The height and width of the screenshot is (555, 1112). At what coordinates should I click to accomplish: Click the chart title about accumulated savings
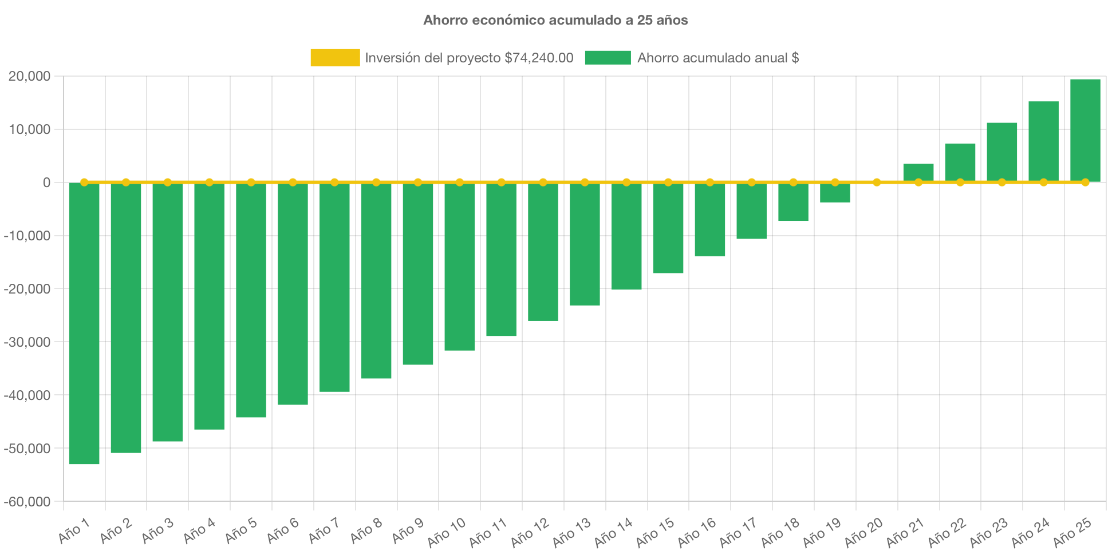click(x=555, y=20)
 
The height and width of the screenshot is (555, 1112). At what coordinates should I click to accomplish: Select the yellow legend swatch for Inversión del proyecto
click(x=335, y=57)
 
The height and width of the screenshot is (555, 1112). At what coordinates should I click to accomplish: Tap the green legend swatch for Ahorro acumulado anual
click(x=608, y=57)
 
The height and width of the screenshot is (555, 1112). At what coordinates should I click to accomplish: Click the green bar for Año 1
click(x=84, y=323)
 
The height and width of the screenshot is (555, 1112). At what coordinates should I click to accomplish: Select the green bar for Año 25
click(x=1085, y=130)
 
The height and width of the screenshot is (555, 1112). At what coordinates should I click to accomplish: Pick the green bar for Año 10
click(x=459, y=267)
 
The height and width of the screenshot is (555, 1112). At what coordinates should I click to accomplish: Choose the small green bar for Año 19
click(x=835, y=193)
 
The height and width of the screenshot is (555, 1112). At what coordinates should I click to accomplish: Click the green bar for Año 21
click(x=918, y=172)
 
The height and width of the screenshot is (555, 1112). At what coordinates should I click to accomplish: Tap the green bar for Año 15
click(x=668, y=228)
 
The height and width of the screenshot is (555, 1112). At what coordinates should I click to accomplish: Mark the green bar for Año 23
click(x=1002, y=152)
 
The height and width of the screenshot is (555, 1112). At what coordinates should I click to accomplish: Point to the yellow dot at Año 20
click(x=877, y=183)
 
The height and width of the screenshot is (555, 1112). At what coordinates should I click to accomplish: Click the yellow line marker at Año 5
click(x=251, y=183)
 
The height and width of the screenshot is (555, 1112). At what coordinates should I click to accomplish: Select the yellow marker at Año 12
click(x=543, y=183)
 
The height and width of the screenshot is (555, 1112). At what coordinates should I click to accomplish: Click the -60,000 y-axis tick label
click(x=27, y=502)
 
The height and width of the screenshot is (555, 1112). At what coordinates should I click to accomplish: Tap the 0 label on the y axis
click(x=46, y=183)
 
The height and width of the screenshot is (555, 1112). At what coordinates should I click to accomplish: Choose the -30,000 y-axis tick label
click(x=27, y=342)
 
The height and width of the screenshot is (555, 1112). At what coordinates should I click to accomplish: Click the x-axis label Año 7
click(x=324, y=530)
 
